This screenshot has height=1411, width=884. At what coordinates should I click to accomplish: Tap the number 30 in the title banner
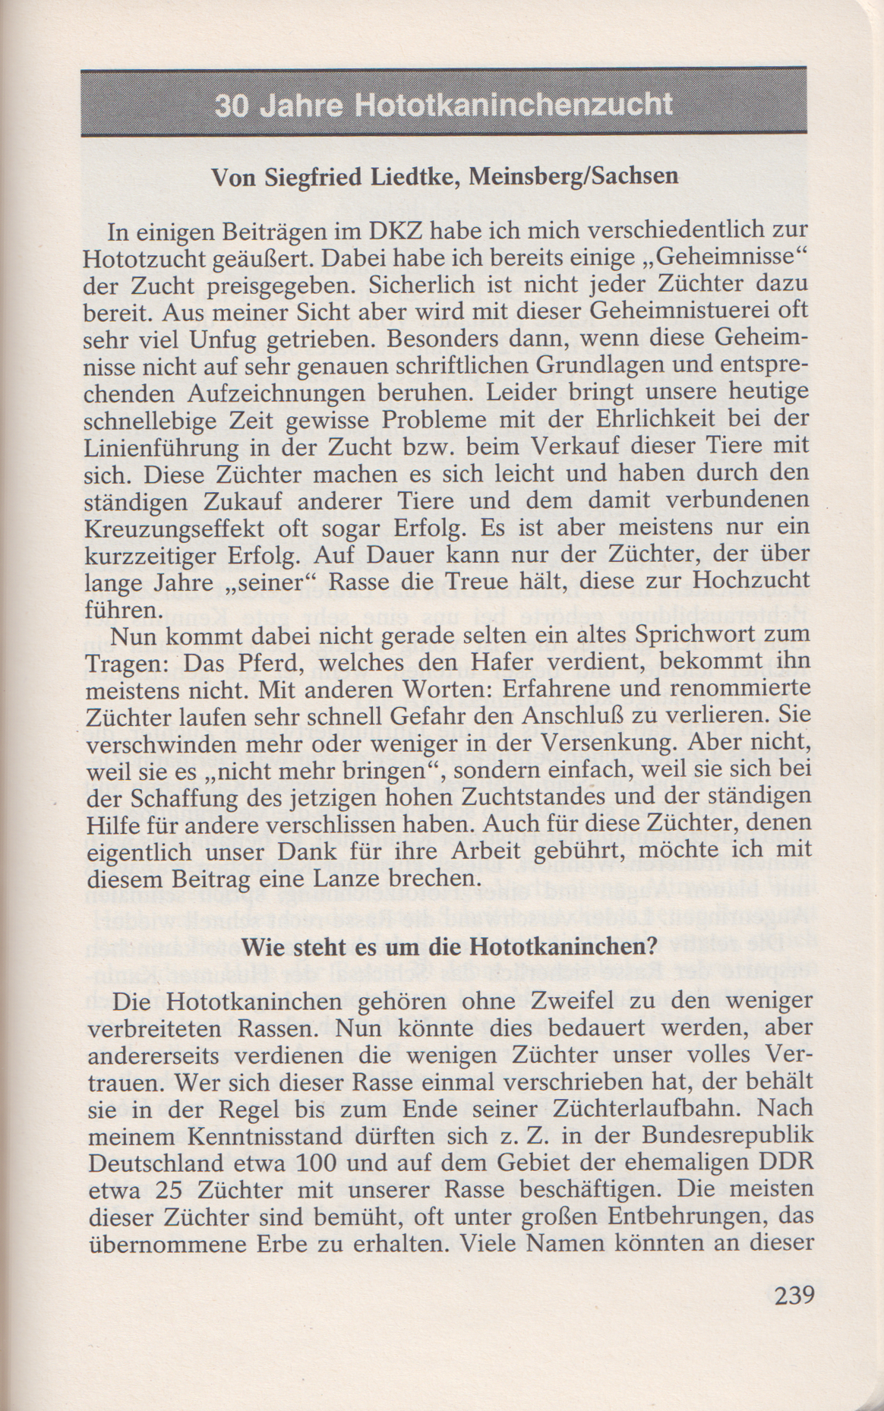coord(232,104)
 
